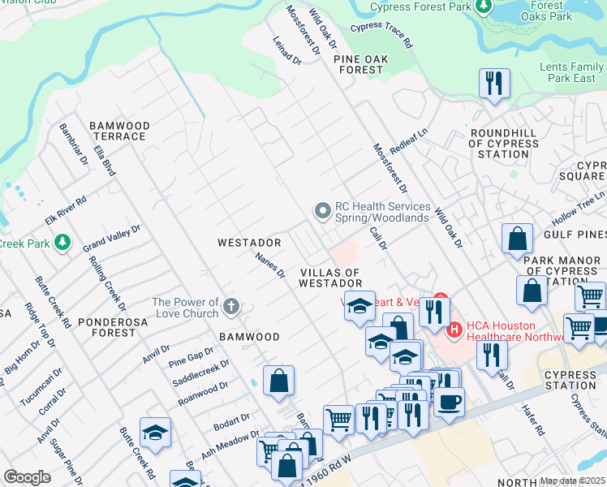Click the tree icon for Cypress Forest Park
(484, 7)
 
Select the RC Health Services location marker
(323, 211)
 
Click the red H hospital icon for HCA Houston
(454, 330)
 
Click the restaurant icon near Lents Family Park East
(494, 83)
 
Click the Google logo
(27, 476)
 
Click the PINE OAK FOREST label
(357, 64)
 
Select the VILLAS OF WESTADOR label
(329, 278)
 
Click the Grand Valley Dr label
(112, 238)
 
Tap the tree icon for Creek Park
(62, 243)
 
